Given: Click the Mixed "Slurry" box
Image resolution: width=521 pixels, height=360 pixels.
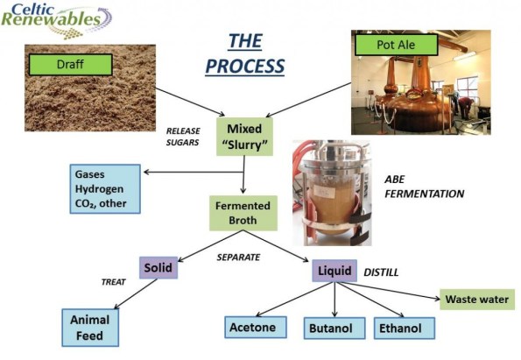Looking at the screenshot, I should pos(245,136).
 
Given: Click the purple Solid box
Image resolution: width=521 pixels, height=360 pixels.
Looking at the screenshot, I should pos(158,267).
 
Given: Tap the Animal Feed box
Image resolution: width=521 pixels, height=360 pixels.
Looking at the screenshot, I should pos(89,327).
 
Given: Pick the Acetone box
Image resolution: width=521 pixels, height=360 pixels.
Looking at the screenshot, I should pos(252,328).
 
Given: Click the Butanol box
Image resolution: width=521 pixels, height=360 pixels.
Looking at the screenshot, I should pos(330,329).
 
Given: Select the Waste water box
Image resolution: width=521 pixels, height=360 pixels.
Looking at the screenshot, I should pos(476,300).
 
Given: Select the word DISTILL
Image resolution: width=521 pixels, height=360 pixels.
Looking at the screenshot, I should pos(381,272).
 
